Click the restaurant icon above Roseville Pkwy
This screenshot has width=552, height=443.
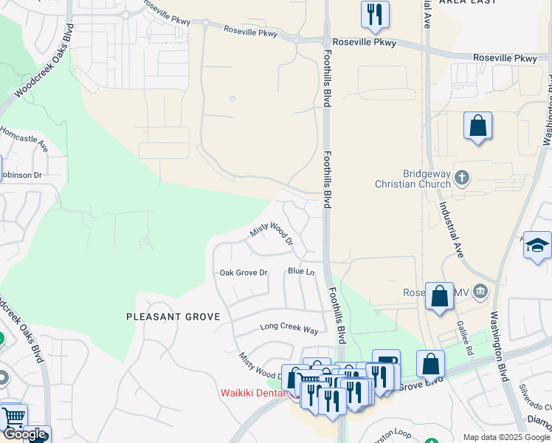tap(375, 15)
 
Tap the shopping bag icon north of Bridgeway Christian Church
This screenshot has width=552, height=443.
tap(477, 126)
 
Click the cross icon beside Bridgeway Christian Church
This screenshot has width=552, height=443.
tap(462, 177)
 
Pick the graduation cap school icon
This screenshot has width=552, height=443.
tap(537, 245)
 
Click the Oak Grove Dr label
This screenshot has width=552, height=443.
tap(243, 272)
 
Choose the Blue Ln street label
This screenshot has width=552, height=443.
tap(301, 272)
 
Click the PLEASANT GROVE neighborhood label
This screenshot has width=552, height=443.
tap(173, 317)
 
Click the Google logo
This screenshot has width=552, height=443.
tap(24, 434)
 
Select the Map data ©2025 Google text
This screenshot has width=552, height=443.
tap(506, 437)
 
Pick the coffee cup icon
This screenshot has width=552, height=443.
tap(386, 360)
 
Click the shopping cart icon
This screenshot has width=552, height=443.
tap(13, 416)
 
